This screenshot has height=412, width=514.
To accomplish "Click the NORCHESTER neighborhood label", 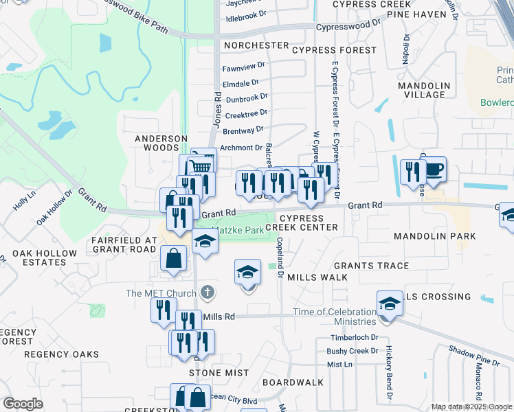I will (256, 45).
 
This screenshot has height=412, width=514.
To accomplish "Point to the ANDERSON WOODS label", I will (161, 143).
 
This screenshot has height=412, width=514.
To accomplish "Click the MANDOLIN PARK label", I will (434, 236).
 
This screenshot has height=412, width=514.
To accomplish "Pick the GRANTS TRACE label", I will (371, 266).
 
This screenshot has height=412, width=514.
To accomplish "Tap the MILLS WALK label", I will (317, 277).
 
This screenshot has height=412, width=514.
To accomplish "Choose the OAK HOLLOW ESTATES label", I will (44, 258).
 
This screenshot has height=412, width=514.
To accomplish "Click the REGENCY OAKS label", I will (53, 354).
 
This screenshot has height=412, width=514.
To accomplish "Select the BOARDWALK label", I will (293, 382).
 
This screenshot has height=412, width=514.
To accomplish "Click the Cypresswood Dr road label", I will (348, 27).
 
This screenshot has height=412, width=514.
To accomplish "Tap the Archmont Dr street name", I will (242, 147).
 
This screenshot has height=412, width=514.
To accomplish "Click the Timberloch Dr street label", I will (354, 337).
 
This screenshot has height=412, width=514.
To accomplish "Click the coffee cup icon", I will (434, 169).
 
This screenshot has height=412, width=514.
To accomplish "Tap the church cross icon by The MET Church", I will (208, 293).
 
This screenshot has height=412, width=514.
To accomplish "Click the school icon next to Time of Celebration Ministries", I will (389, 303).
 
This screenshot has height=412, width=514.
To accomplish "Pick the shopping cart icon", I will (200, 165).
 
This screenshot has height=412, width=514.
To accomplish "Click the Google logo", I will (23, 404).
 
